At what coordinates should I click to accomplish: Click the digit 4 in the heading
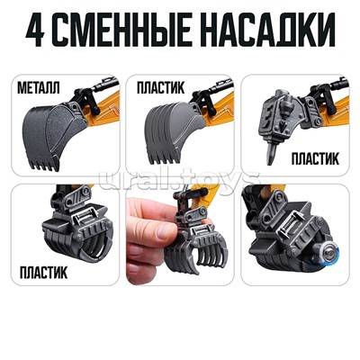[x=35, y=30]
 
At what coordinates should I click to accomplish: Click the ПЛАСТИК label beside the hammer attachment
[x=315, y=158]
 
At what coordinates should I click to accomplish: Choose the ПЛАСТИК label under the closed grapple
[x=43, y=272]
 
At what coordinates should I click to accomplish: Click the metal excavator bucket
[x=54, y=133]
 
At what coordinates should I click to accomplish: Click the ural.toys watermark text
[x=179, y=180]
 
